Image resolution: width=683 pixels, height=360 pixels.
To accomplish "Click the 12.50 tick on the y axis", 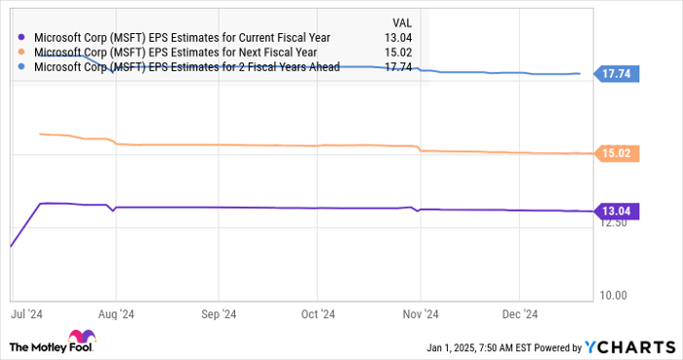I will tap(612, 224).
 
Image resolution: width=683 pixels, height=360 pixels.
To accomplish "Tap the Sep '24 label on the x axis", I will tap(219, 313).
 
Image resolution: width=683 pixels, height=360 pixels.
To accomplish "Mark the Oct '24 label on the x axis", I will tap(317, 313).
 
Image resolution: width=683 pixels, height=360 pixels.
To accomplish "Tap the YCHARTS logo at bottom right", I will tap(628, 347).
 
